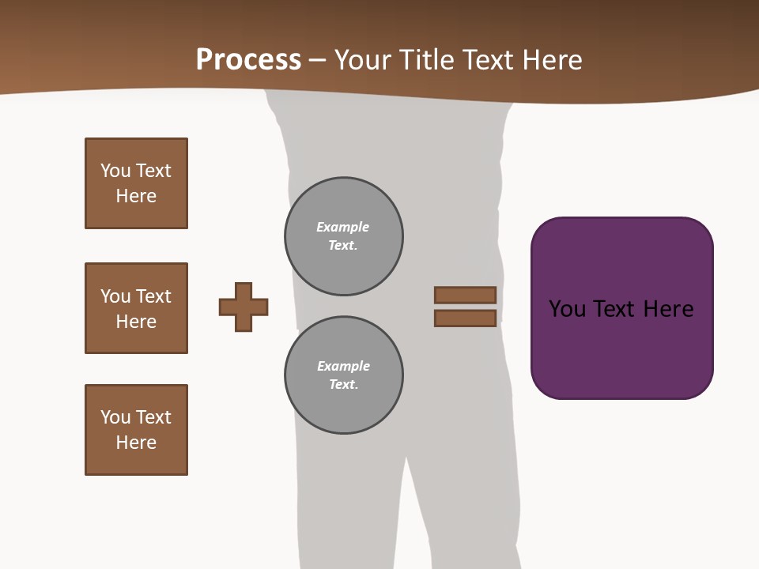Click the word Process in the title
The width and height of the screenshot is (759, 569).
pyautogui.click(x=248, y=60)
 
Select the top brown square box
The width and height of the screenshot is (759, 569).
pyautogui.click(x=136, y=183)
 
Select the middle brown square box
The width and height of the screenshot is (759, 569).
pyautogui.click(x=136, y=308)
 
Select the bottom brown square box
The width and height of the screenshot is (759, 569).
pyautogui.click(x=136, y=430)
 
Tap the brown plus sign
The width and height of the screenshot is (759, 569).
pyautogui.click(x=244, y=307)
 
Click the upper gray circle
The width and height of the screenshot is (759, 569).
pyautogui.click(x=344, y=236)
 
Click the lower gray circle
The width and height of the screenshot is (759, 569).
pyautogui.click(x=344, y=375)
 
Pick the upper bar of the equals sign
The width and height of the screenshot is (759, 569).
pyautogui.click(x=465, y=295)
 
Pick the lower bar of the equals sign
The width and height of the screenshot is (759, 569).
pyautogui.click(x=465, y=318)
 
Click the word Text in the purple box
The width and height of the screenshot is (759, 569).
pyautogui.click(x=618, y=309)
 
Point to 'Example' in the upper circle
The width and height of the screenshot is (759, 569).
pyautogui.click(x=342, y=227)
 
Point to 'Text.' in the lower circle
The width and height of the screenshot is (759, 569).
pyautogui.click(x=343, y=385)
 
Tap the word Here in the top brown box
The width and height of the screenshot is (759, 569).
pyautogui.click(x=136, y=196)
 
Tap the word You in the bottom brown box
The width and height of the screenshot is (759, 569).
pyautogui.click(x=115, y=417)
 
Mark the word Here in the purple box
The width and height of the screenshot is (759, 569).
pyautogui.click(x=668, y=309)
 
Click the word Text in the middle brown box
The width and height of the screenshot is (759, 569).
pyautogui.click(x=153, y=296)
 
